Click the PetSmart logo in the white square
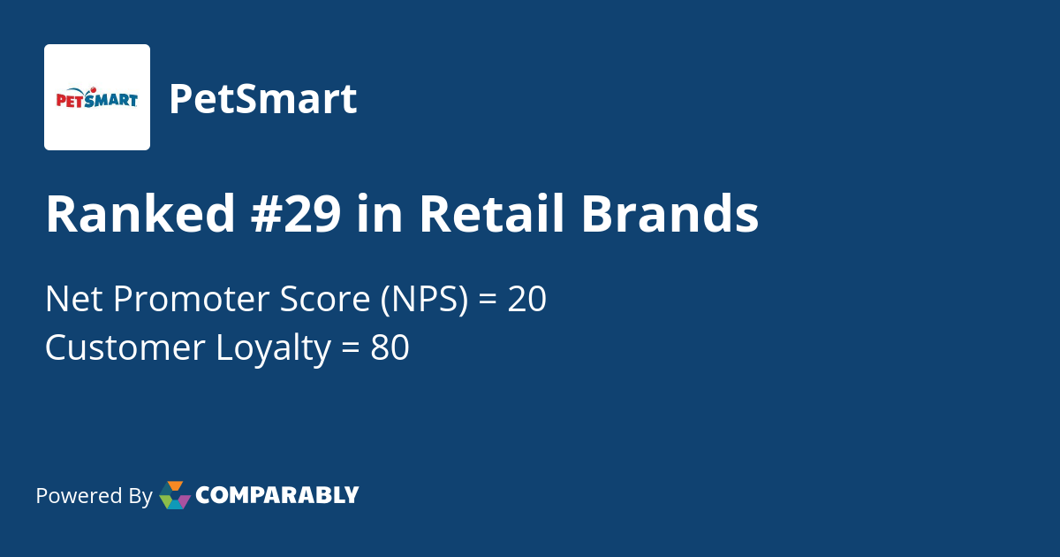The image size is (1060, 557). [97, 97]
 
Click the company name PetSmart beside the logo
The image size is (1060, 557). [262, 99]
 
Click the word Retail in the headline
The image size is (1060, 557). [491, 215]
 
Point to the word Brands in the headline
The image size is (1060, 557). [670, 215]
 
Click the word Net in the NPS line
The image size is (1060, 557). [71, 301]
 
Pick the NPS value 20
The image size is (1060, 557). [527, 301]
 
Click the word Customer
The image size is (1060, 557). [125, 348]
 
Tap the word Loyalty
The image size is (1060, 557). [273, 348]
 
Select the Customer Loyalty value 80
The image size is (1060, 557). [390, 348]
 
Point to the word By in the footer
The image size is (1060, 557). [140, 496]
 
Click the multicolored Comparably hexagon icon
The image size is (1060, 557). [175, 495]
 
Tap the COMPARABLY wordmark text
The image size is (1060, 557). [277, 495]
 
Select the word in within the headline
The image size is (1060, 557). [380, 215]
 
